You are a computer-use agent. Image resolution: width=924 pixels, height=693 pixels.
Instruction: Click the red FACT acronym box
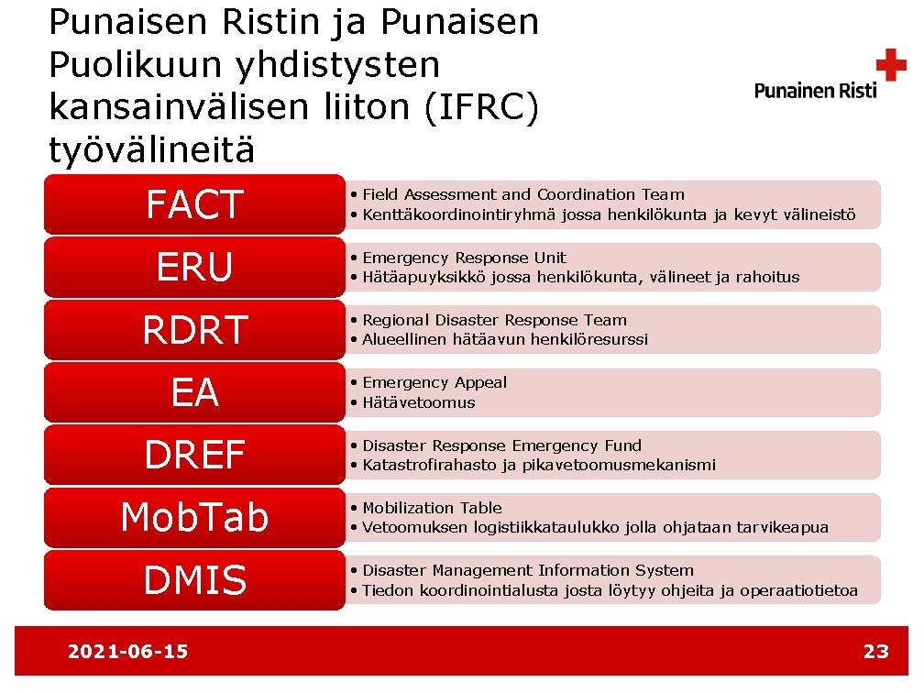click(194, 204)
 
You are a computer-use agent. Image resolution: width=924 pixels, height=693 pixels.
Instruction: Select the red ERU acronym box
click(194, 267)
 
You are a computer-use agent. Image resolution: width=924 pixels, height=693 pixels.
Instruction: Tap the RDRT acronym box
click(194, 329)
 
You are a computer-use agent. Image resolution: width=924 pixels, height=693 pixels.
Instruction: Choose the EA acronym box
click(194, 392)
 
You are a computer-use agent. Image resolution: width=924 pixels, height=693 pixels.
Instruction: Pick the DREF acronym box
click(194, 455)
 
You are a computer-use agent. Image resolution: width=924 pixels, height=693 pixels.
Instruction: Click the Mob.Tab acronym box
click(194, 517)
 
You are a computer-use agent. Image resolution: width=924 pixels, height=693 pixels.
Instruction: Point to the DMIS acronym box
click(194, 579)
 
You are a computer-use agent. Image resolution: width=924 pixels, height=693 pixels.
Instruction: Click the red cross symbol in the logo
click(890, 66)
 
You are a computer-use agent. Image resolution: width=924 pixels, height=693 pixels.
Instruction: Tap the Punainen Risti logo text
click(815, 90)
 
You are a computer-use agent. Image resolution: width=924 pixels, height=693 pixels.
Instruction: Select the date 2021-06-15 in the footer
click(127, 652)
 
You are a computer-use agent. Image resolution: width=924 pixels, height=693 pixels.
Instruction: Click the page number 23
click(875, 652)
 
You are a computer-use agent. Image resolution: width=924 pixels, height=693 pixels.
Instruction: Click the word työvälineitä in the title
click(152, 149)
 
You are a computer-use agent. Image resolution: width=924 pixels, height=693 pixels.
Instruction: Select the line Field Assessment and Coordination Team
click(522, 194)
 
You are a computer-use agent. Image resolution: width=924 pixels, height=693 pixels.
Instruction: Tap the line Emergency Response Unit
click(464, 258)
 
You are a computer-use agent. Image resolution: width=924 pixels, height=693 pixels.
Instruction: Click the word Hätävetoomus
click(418, 402)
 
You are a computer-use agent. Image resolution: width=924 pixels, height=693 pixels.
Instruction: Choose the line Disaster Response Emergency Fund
click(501, 445)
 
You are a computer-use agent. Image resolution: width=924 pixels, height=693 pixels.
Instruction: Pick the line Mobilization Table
click(432, 508)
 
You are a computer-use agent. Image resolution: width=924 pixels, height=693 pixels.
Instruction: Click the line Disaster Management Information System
click(527, 570)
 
